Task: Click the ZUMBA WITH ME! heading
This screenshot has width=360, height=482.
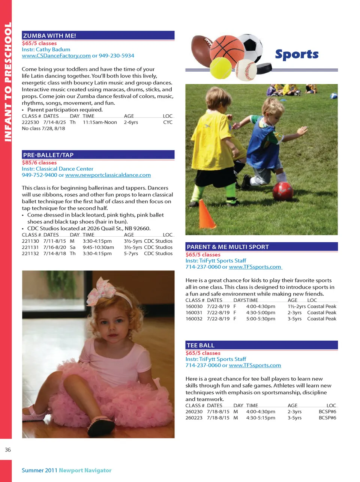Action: pos(49,36)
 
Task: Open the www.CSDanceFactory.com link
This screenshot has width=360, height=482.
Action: pos(56,56)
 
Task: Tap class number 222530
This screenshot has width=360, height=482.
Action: pos(30,122)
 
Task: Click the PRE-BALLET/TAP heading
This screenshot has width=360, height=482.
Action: pos(48,155)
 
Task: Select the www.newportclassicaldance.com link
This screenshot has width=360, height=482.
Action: pos(108,175)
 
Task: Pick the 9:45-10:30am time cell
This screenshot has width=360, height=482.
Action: pos(98,247)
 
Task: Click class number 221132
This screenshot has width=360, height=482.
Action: pos(30,254)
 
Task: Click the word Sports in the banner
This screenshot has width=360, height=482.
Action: pos(297,54)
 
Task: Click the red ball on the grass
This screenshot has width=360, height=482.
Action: pos(283,191)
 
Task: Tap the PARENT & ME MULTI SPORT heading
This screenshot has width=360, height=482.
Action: pos(228,247)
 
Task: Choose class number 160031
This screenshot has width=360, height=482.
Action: pos(194,312)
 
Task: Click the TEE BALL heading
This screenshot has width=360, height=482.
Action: pos(201,345)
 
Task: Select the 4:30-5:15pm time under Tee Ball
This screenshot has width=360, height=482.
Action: pos(261,417)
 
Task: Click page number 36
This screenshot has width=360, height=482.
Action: pos(8,450)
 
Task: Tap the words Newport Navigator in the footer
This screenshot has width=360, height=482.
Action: pos(85,470)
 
